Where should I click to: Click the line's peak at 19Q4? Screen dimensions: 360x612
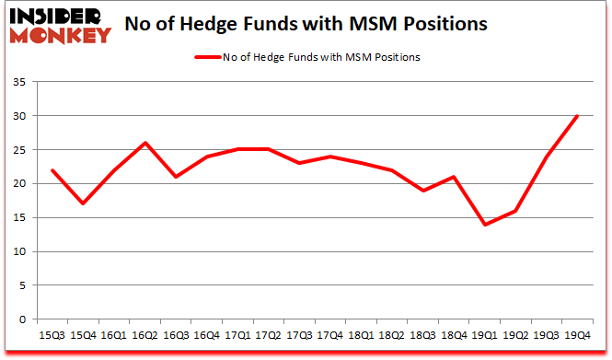click(577, 116)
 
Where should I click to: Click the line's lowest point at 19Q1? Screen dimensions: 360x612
click(484, 225)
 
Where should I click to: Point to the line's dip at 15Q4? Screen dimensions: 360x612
click(84, 203)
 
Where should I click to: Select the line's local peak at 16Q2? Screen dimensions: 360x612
click(145, 143)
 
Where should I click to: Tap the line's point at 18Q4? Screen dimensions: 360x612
click(454, 177)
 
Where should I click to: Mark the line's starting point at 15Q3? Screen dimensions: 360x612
click(53, 170)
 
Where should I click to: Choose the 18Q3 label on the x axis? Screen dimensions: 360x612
click(423, 335)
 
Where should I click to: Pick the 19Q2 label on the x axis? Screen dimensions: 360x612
click(515, 335)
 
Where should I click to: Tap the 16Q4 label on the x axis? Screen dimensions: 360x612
click(207, 335)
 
